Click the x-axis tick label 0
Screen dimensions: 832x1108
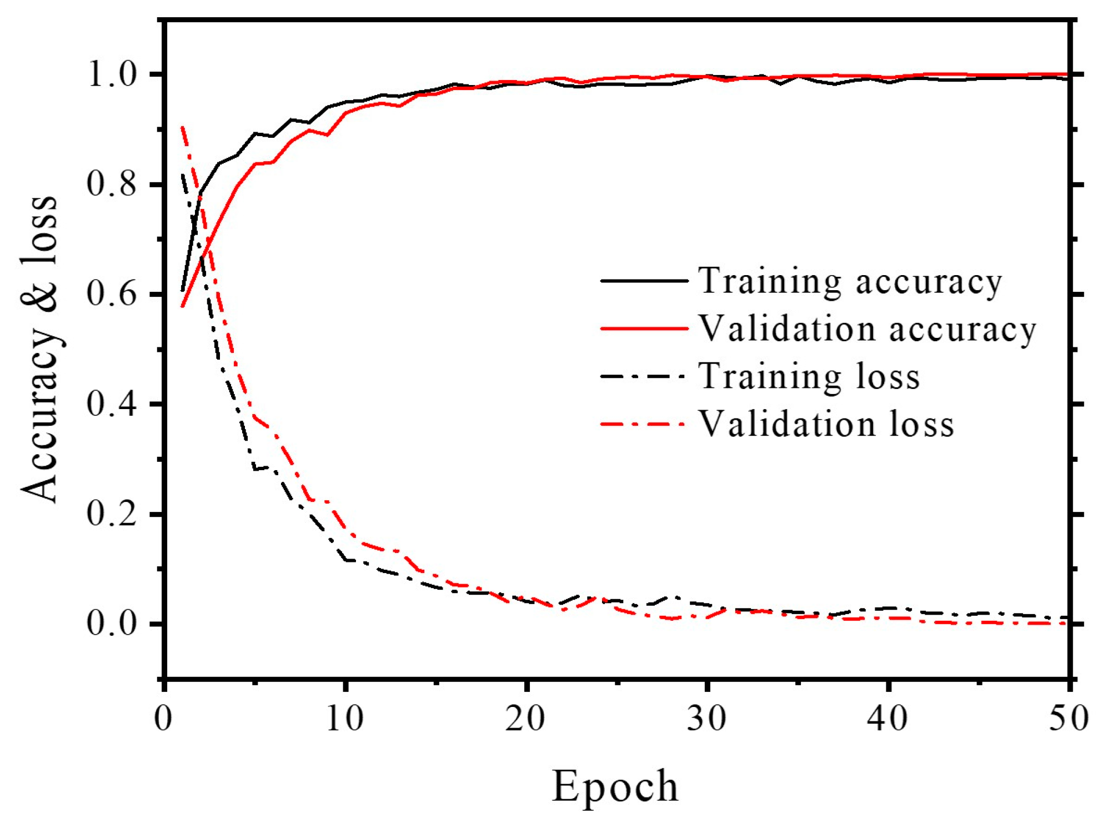click(163, 719)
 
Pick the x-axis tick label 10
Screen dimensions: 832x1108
click(345, 719)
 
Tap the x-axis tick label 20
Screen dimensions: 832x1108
click(525, 719)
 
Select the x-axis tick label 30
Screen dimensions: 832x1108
click(706, 719)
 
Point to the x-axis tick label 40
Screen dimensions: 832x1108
click(888, 719)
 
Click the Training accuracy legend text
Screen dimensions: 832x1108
click(850, 282)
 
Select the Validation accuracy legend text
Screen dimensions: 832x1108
click(867, 330)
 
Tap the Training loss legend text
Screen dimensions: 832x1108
click(809, 377)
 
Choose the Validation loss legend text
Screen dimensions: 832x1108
click(826, 425)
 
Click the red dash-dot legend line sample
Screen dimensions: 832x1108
click(644, 425)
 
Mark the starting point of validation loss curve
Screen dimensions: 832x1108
click(182, 127)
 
